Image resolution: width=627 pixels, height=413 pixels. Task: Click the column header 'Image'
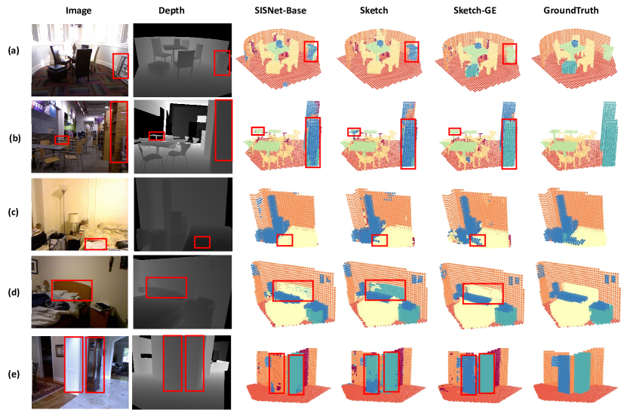pyautogui.click(x=78, y=11)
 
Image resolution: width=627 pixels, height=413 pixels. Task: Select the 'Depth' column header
pyautogui.click(x=171, y=11)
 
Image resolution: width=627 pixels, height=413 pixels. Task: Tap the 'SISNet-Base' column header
pyautogui.click(x=281, y=11)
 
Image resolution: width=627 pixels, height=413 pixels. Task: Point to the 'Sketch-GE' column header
pyautogui.click(x=475, y=11)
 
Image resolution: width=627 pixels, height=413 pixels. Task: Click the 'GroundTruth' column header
pyautogui.click(x=570, y=11)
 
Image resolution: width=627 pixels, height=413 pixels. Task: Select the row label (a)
pyautogui.click(x=14, y=50)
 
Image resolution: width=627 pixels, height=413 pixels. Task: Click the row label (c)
pyautogui.click(x=14, y=212)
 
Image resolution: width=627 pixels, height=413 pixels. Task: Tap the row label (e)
pyautogui.click(x=14, y=375)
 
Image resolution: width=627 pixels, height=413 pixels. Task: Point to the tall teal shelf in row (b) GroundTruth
pyautogui.click(x=608, y=134)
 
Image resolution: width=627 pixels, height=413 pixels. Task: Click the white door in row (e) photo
pyautogui.click(x=74, y=364)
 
